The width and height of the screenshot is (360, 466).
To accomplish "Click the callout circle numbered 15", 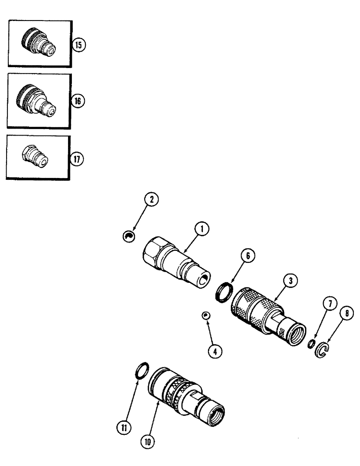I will click(x=80, y=45).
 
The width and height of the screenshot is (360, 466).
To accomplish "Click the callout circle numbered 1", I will click(x=201, y=228).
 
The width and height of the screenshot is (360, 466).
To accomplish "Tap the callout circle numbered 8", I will click(x=346, y=315).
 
